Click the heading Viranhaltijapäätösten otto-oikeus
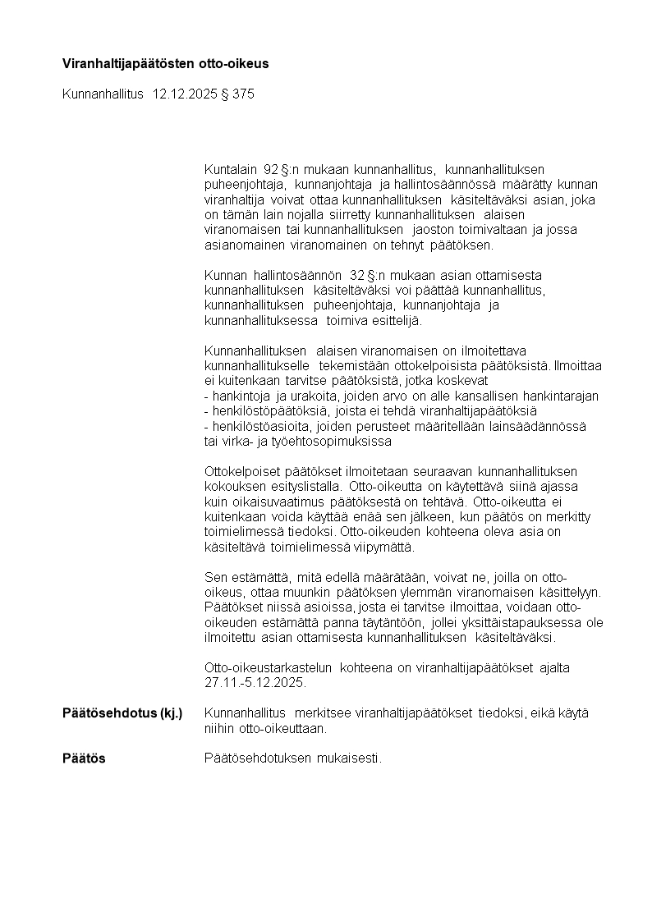click(166, 63)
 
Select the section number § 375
click(238, 94)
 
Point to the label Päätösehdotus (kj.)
click(122, 713)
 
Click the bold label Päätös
click(84, 758)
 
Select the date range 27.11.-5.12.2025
click(255, 683)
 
